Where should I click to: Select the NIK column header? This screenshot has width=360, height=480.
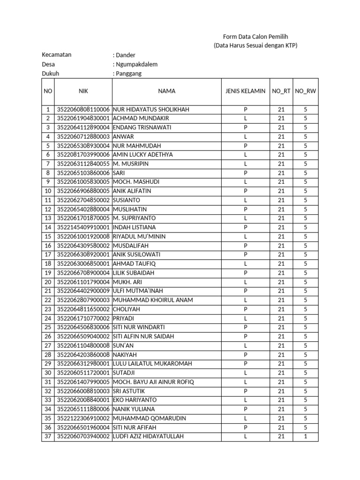point(83,91)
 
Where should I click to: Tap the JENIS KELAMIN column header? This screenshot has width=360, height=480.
point(245,91)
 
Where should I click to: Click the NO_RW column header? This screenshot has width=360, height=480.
point(305,91)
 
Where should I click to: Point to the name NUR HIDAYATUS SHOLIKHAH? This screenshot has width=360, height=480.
point(151,109)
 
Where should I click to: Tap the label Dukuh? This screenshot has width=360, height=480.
point(51,74)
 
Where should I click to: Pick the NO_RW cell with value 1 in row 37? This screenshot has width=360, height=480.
point(305,436)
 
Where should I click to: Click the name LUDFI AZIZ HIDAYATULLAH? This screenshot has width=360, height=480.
point(148,436)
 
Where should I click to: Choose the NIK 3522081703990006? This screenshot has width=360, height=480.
point(83,155)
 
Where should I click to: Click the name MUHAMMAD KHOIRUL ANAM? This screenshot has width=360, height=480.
point(153,300)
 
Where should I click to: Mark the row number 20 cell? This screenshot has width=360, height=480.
point(48,282)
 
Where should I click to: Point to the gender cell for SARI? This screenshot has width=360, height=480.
point(245,173)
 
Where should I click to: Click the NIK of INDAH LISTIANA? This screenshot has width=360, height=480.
point(83,227)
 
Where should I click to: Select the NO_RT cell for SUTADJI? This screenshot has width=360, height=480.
point(281,373)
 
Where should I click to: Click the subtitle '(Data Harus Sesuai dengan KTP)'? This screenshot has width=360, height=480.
point(255,45)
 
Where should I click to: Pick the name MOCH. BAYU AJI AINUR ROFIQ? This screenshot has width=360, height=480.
point(153,382)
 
